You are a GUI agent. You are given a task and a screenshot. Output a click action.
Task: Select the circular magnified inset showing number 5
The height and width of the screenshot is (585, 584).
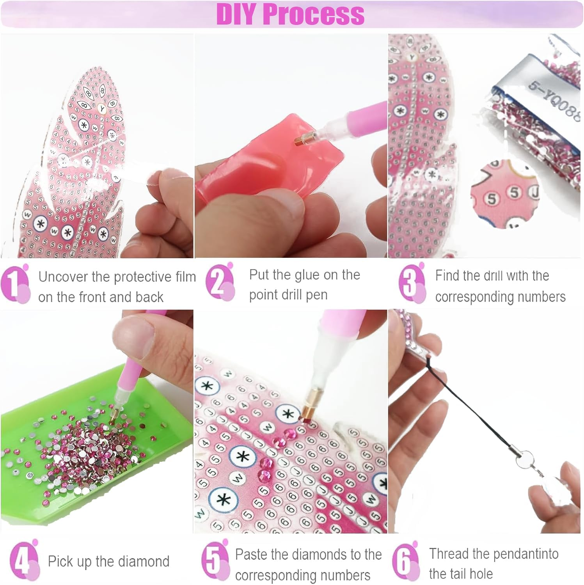(x=505, y=195)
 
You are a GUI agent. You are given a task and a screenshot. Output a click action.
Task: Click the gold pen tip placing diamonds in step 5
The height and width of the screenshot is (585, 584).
(x=305, y=414)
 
